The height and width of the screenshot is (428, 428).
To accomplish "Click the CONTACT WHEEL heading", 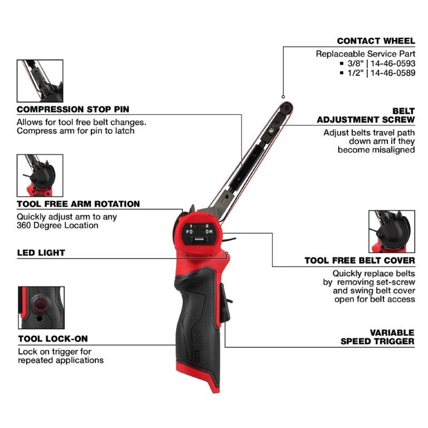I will pos(376,41).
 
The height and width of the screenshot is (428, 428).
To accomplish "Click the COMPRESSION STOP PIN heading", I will pos(72,109).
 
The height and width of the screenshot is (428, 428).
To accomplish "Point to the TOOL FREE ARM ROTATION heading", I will pos(78,204).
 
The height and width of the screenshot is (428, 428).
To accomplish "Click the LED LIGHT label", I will pos(41,252).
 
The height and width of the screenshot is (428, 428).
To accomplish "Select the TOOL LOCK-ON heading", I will pos(52,338).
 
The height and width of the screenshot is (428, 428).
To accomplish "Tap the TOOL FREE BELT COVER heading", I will pos(359,260).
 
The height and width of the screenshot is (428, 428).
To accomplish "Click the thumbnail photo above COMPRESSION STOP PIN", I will pos(40,80).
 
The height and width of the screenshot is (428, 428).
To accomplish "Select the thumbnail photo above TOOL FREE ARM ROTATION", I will pos(40,175).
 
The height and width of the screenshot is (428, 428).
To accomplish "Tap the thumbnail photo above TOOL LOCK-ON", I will pos(41,308).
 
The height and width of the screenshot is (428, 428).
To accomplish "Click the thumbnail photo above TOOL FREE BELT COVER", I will pos(392,231).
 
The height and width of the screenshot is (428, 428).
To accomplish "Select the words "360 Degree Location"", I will pos(57,225).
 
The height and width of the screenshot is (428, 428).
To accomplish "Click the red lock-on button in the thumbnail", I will pos(40,304).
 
